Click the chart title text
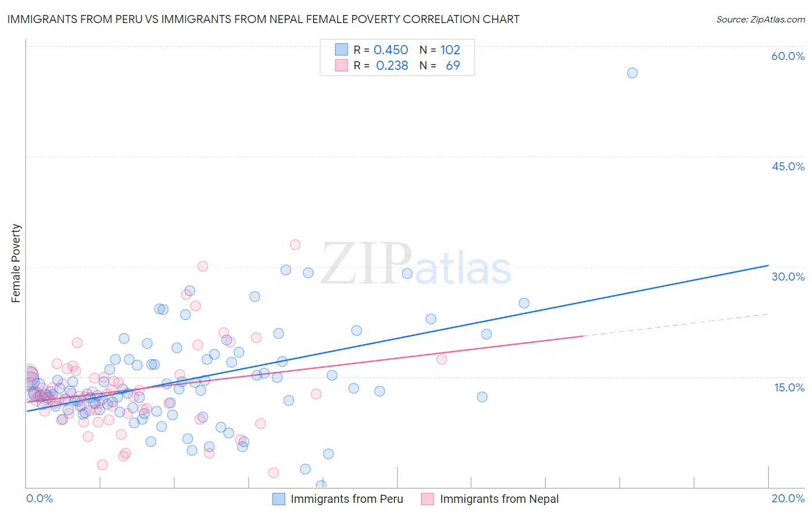(263, 19)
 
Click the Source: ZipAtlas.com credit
(760, 19)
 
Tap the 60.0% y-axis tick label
(788, 56)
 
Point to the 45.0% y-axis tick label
(788, 166)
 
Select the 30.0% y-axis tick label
(788, 277)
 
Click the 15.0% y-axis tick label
(789, 387)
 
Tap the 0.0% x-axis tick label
(39, 498)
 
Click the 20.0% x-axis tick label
(788, 498)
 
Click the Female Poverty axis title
(16, 263)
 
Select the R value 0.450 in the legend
(390, 50)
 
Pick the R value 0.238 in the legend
(392, 66)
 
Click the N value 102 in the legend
(450, 50)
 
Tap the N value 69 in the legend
(453, 66)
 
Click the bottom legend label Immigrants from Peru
(347, 499)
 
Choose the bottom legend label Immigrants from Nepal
(499, 499)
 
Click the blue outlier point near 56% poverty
(632, 73)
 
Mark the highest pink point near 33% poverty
(295, 245)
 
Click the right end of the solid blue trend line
(768, 266)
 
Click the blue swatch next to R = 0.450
(341, 50)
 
